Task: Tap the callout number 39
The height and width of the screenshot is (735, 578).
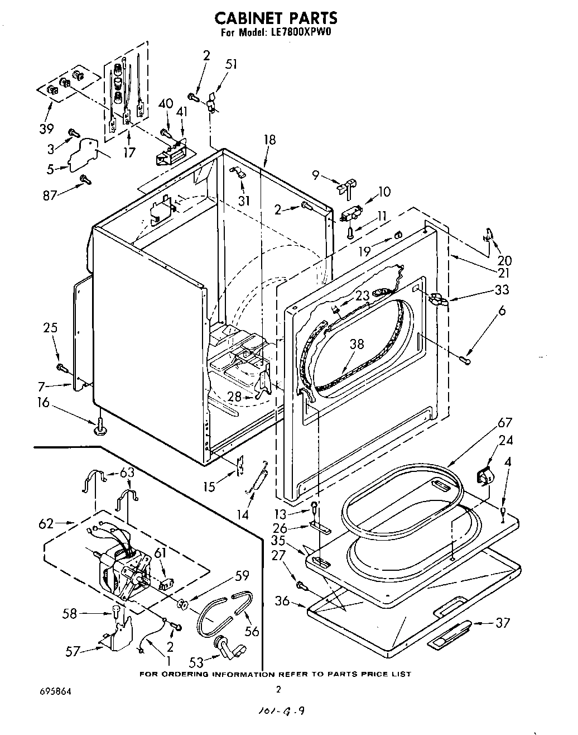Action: coord(46,129)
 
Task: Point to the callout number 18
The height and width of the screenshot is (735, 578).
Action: coord(270,140)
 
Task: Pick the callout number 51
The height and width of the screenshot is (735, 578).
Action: coord(230,64)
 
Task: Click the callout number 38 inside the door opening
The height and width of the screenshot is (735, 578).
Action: coord(357,344)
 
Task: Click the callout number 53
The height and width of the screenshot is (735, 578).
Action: coord(196,662)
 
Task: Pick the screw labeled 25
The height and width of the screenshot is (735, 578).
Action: coord(61,367)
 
